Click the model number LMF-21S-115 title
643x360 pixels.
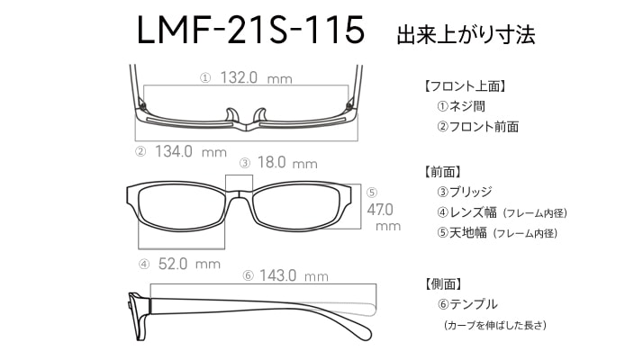coord(250,30)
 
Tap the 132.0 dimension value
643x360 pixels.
coord(239,77)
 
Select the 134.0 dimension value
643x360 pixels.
coord(174,151)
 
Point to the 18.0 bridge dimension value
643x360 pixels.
coord(271,162)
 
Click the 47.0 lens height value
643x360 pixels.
coord(380,210)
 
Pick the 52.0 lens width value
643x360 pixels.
coord(173,264)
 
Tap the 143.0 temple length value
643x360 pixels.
coord(277,275)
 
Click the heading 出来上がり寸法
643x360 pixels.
coord(466,34)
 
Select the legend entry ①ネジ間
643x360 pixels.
coord(461,106)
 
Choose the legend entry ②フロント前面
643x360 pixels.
coord(477,127)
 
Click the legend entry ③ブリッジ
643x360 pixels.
coord(465,192)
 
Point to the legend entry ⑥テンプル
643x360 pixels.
coord(467,304)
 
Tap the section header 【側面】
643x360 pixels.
coord(444,283)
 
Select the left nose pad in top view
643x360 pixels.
coord(232,115)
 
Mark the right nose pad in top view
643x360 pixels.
coord(260,115)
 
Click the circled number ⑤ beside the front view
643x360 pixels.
coord(372,193)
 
